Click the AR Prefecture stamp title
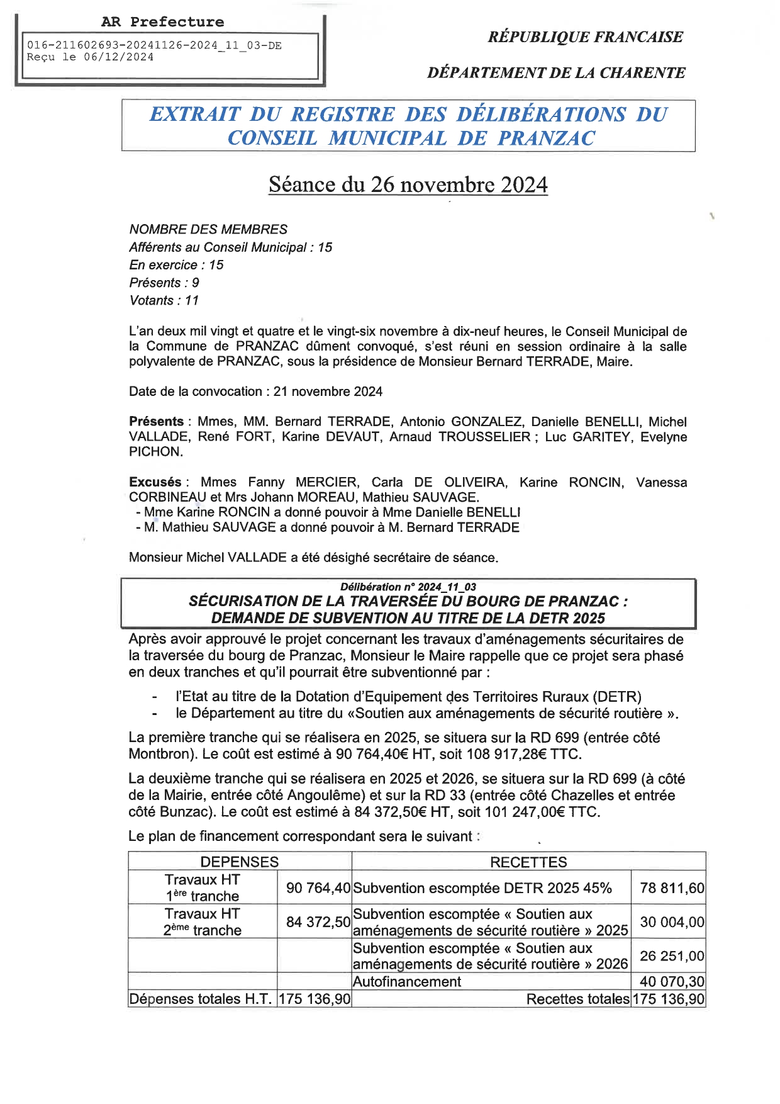coord(162,22)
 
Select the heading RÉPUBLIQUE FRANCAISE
coord(585,37)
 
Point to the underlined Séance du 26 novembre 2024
coord(408,184)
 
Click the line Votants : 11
coord(164,300)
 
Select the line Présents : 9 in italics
coord(164,283)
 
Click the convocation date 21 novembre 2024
coord(328,391)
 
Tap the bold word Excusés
coord(155,482)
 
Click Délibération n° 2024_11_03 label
coord(408,587)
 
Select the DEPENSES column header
coord(239,862)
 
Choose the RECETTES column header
coord(528,862)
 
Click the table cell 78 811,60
coord(672,888)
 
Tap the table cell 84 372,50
coord(318,922)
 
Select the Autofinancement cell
coord(407,982)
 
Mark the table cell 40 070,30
coord(672,982)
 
